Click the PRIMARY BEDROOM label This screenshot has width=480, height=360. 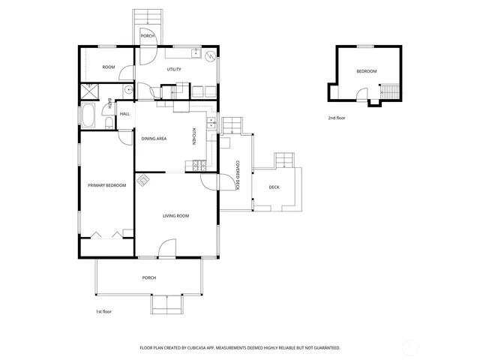tap(106, 185)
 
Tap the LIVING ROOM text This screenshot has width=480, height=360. tap(175, 216)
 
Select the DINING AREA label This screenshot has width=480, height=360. tap(154, 139)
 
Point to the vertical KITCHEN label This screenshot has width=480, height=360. tap(193, 136)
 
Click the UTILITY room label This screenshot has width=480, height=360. tap(174, 69)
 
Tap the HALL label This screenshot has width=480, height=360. tap(124, 114)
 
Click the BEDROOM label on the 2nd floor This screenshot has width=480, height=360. tap(366, 71)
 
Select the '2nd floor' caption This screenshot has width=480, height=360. tap(337, 118)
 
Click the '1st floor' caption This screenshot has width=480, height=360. tap(103, 311)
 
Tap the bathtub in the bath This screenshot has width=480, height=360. tap(88, 117)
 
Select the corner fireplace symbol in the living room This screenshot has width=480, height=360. tap(142, 180)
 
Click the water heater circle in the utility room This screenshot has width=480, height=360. tap(210, 55)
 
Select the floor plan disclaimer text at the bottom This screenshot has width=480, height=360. tap(240, 348)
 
